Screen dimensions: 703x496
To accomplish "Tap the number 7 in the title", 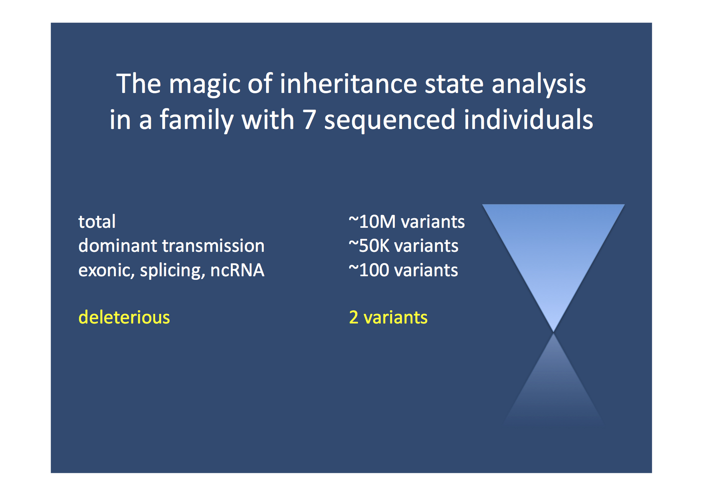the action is point(309,120).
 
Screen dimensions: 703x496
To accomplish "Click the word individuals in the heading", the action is point(528,119).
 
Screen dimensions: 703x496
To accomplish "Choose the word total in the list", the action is point(97,221).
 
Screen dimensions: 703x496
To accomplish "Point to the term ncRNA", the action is point(237,270).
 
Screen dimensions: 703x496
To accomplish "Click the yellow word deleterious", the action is point(124,317).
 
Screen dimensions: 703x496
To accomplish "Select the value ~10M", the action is point(372,222).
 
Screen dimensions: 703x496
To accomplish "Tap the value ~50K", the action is point(369,246).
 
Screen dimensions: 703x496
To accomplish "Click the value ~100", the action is point(369,270).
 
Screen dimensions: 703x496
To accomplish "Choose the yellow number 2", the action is point(354,317).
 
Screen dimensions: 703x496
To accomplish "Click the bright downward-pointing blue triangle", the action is point(553,248).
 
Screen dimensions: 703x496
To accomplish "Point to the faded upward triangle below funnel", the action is point(554,384).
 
